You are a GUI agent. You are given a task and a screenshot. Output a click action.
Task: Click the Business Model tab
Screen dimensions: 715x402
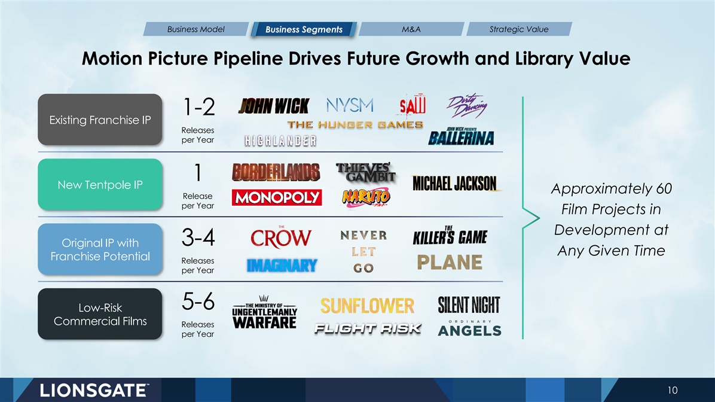(x=196, y=29)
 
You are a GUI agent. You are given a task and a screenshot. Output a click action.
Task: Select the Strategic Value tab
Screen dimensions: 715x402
(x=519, y=29)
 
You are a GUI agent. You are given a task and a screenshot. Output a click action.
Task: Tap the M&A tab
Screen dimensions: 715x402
(x=411, y=29)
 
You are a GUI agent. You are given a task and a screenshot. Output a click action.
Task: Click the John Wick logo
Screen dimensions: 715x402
(x=274, y=106)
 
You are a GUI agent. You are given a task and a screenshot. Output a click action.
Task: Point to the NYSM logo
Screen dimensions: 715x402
(x=350, y=105)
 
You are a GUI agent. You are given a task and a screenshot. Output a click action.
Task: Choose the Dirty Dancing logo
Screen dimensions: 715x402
(x=466, y=106)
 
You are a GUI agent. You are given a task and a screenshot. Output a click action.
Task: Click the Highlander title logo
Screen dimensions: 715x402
(x=280, y=141)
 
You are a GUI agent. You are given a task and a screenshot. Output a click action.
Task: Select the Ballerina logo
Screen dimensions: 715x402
(x=461, y=136)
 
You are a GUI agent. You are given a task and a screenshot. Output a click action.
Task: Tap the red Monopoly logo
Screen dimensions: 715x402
(x=277, y=197)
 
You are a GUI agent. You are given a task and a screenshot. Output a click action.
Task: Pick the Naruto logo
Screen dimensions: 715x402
(x=366, y=197)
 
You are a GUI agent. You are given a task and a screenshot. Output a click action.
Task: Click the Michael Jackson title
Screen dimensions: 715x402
(x=454, y=184)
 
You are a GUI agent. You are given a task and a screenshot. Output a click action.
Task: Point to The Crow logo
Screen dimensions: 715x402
(x=281, y=237)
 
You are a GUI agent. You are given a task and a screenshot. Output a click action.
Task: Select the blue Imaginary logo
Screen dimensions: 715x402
(x=282, y=265)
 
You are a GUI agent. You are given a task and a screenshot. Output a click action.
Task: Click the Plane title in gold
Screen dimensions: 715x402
(x=450, y=263)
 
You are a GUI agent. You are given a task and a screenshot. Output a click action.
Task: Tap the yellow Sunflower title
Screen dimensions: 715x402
(x=367, y=306)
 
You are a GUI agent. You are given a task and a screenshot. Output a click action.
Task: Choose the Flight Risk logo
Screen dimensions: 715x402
(x=368, y=328)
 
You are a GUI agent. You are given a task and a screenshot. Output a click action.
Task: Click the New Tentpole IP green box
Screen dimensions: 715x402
(x=100, y=184)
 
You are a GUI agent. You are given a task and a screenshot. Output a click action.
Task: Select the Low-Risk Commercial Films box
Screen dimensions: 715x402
(x=100, y=314)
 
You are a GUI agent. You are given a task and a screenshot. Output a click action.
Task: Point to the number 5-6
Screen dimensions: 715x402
(x=198, y=301)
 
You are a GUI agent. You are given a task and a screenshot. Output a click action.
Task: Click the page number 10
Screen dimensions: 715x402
(x=673, y=390)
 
